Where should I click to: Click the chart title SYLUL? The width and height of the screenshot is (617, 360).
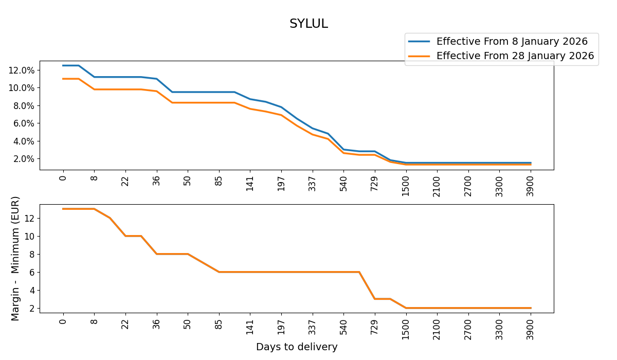pyautogui.click(x=308, y=24)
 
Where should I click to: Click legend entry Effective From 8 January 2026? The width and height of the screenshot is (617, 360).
pyautogui.click(x=512, y=42)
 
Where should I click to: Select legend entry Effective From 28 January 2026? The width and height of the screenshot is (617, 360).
pyautogui.click(x=515, y=56)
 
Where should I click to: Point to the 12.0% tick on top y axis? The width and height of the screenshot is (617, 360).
pyautogui.click(x=22, y=70)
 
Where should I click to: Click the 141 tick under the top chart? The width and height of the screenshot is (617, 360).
pyautogui.click(x=250, y=183)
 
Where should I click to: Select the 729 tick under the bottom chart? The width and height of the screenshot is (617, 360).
pyautogui.click(x=375, y=326)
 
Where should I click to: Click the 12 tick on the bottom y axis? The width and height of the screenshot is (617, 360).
pyautogui.click(x=29, y=218)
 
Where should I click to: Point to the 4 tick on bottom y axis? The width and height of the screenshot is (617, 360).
pyautogui.click(x=31, y=290)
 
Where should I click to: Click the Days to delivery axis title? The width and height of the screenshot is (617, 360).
pyautogui.click(x=297, y=347)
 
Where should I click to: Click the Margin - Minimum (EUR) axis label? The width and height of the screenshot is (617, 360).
pyautogui.click(x=15, y=258)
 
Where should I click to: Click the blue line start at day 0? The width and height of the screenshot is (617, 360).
pyautogui.click(x=63, y=65)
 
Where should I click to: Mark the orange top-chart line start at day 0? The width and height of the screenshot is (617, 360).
pyautogui.click(x=63, y=79)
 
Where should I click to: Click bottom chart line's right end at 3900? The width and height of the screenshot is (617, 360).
pyautogui.click(x=531, y=308)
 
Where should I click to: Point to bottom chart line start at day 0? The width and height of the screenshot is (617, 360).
pyautogui.click(x=63, y=209)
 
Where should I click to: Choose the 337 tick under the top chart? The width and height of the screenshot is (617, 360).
pyautogui.click(x=312, y=183)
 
